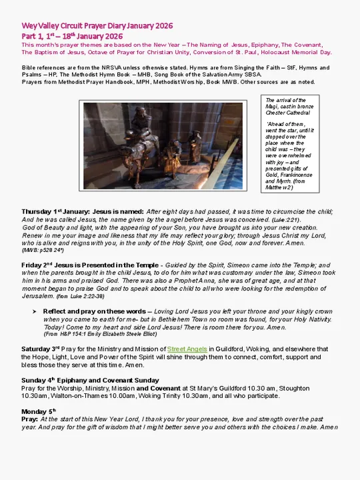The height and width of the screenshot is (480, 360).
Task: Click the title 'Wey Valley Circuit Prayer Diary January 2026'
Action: (97, 25)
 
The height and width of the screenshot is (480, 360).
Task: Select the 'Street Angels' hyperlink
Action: (187, 349)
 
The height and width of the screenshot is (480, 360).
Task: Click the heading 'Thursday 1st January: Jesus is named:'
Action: (83, 211)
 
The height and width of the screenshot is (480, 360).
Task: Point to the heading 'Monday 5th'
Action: (39, 411)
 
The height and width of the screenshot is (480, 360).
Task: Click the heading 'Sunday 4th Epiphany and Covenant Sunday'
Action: (85, 380)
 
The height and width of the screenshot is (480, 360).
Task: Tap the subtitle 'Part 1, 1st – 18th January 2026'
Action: (72, 35)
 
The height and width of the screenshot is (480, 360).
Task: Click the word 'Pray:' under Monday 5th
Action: (29, 419)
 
